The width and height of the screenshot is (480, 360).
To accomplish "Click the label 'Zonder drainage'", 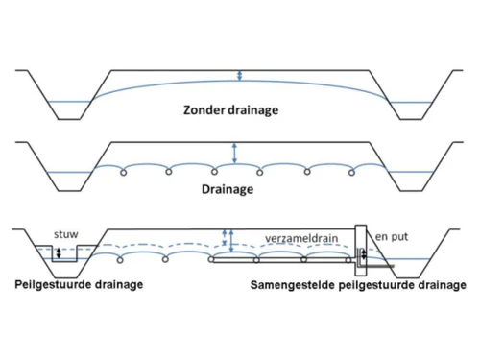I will [x=231, y=109].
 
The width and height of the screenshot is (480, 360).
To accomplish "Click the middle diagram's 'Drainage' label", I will [x=228, y=189].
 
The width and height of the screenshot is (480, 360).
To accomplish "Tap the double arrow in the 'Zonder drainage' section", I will [x=241, y=78].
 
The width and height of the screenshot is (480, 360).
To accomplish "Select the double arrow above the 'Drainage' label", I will [x=233, y=152].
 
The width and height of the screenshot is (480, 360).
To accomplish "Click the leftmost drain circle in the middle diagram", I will [x=123, y=173].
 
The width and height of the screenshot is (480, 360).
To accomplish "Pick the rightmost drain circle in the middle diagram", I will [x=352, y=173].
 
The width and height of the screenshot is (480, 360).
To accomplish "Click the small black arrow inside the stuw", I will [x=60, y=253].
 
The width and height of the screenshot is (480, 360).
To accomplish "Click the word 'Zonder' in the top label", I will [x=204, y=109].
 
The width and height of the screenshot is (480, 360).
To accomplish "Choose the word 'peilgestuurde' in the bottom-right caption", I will [x=384, y=286].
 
